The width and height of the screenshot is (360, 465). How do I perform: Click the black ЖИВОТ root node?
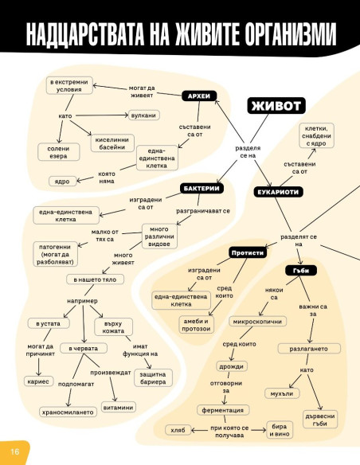tap(276, 106)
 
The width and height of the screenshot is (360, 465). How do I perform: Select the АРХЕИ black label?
tap(199, 96)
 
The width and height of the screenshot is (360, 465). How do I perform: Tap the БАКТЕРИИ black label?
tap(202, 189)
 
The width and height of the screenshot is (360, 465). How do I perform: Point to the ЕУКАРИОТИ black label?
tap(278, 192)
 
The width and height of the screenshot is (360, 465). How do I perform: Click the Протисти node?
tap(248, 252)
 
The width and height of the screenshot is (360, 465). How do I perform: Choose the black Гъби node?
tap(301, 271)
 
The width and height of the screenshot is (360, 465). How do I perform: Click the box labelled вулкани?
tap(143, 115)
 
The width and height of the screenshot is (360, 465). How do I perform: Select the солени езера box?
tap(58, 152)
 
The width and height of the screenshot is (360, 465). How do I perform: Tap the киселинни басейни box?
tap(112, 143)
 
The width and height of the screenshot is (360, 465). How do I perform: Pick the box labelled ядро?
tap(62, 182)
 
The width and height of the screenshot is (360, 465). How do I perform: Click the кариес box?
tap(38, 381)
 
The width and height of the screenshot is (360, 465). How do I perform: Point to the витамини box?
tap(118, 408)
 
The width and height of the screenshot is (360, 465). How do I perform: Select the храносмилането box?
tap(68, 412)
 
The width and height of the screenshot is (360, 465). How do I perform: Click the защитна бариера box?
tap(153, 378)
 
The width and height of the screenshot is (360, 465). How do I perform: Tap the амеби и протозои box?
tap(196, 325)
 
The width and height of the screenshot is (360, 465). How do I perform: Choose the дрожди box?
tap(231, 366)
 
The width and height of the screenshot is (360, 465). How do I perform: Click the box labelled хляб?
tap(178, 430)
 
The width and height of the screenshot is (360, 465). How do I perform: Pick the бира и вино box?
tap(280, 430)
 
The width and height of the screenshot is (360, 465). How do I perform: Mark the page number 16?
tap(15, 451)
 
